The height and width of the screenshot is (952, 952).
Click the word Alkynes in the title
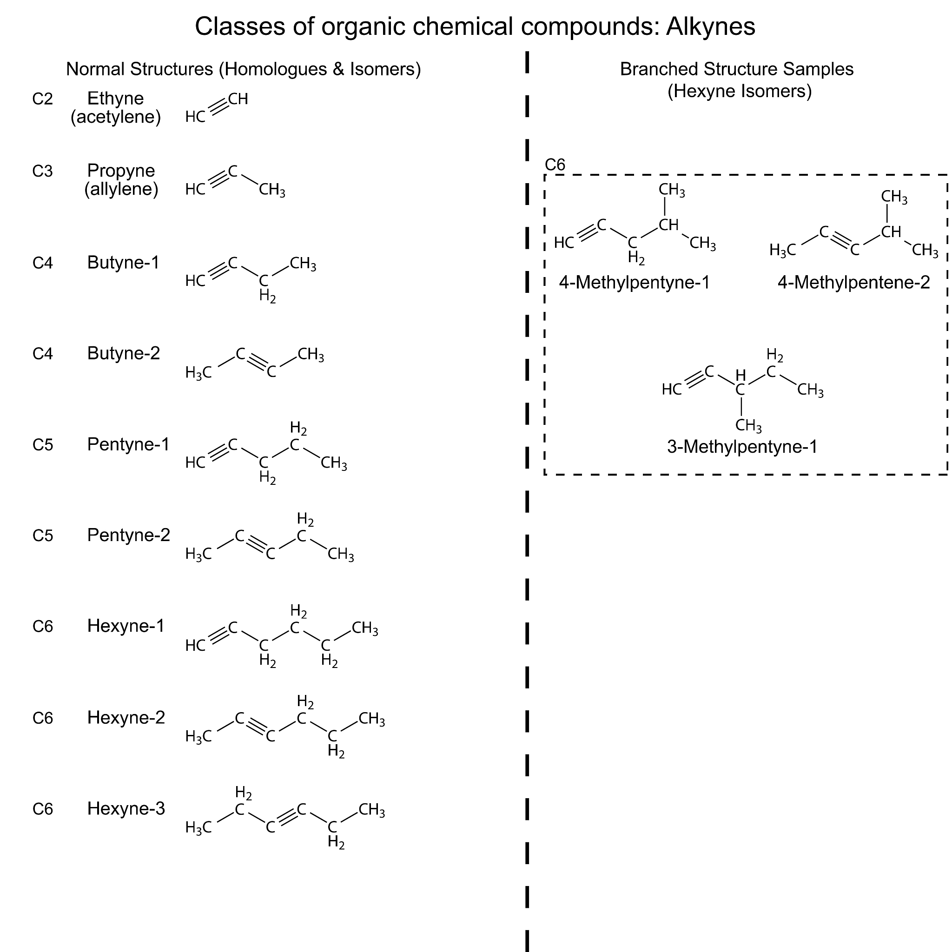point(711,26)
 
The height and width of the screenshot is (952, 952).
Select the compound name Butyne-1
point(123,263)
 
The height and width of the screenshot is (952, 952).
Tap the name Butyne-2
point(123,353)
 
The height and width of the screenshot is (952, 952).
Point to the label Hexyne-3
point(126,809)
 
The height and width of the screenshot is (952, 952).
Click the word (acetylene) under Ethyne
point(116,117)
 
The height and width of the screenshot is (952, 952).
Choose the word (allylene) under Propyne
point(121,189)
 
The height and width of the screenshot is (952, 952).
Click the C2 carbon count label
point(42,99)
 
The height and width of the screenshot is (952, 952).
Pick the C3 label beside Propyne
point(42,171)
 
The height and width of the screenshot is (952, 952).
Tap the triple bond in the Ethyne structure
point(218,108)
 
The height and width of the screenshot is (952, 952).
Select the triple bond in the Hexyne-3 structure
point(286,818)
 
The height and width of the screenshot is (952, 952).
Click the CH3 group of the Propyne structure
point(272,190)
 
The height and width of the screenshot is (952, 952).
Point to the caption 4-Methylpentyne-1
point(634,282)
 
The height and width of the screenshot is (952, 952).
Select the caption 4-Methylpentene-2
point(853,282)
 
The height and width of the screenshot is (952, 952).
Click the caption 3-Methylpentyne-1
point(742,447)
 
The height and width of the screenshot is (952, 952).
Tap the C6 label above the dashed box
point(555,165)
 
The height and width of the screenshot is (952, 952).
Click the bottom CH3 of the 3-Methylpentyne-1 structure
point(748,425)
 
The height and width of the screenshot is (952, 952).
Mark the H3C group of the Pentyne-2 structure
point(198,555)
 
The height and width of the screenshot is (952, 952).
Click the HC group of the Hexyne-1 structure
point(195,646)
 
